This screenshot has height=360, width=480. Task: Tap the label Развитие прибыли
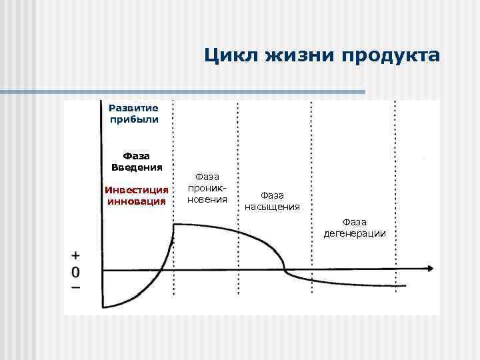click(133, 113)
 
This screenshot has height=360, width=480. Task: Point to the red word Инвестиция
click(137, 190)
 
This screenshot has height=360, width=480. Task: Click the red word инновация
click(137, 201)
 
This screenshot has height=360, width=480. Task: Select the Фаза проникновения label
click(208, 188)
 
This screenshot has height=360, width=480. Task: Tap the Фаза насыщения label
click(272, 201)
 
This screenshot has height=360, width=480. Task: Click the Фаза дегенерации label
click(355, 227)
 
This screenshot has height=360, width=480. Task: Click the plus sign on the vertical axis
click(76, 256)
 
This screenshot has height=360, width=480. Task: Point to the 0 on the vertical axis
click(76, 272)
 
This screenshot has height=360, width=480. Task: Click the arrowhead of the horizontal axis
click(431, 268)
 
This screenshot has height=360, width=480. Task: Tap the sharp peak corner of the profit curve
click(173, 225)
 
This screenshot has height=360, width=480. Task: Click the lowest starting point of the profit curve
click(104, 307)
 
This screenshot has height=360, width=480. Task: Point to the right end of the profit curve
click(405, 286)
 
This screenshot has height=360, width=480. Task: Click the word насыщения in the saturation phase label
click(272, 207)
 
